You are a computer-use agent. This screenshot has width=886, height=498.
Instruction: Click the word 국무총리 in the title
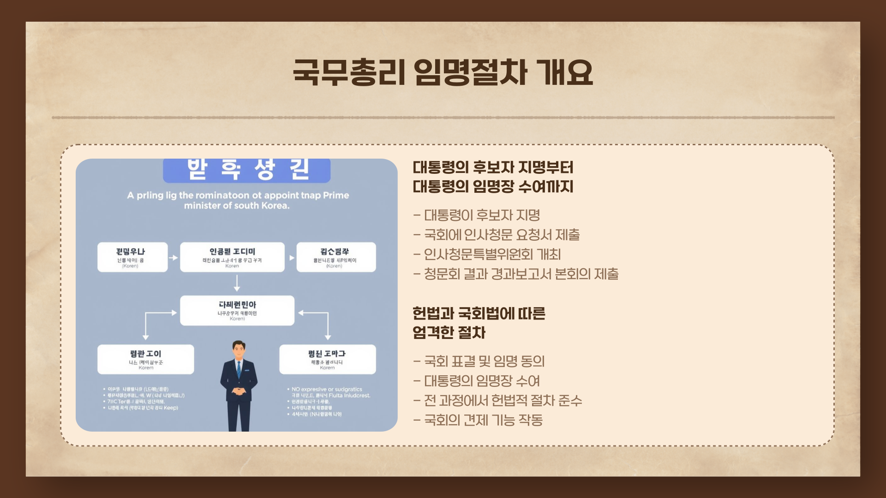(x=349, y=73)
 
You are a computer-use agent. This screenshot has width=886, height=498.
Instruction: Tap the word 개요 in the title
(x=565, y=73)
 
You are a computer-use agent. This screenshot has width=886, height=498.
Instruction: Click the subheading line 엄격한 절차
(x=449, y=333)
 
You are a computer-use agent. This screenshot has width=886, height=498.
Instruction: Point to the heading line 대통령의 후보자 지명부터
(x=493, y=167)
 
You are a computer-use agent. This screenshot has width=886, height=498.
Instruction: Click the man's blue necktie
(x=239, y=369)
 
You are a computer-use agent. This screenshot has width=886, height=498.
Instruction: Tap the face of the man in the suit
(x=239, y=351)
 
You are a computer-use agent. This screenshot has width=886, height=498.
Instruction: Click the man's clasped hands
(x=238, y=392)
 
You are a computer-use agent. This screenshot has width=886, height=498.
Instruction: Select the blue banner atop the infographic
(x=246, y=170)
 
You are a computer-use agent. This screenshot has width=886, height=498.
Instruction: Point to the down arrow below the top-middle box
(x=237, y=283)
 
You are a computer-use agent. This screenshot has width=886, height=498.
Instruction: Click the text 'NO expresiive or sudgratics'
(x=327, y=390)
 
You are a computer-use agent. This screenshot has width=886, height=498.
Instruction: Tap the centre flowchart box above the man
(x=237, y=310)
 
